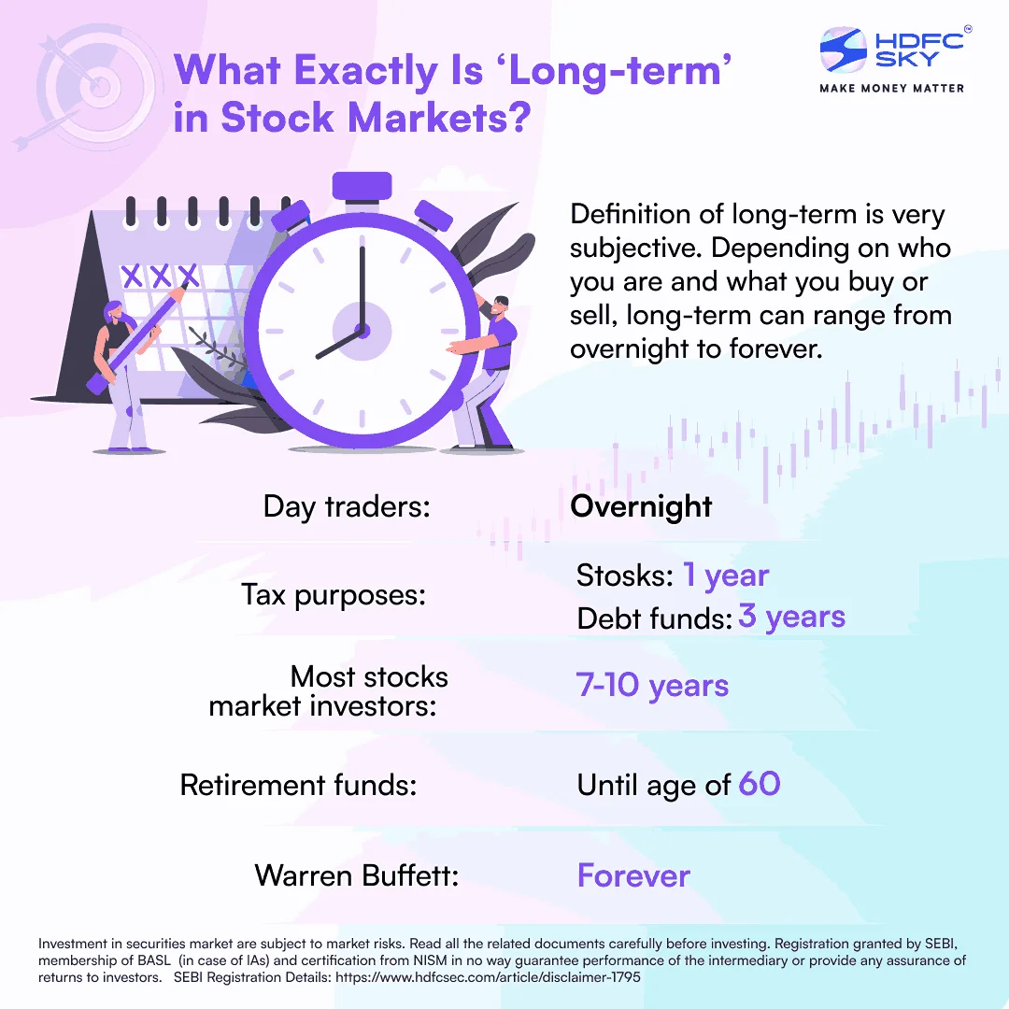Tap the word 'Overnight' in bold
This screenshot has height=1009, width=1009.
[641, 506]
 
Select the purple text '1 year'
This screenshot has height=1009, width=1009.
[725, 576]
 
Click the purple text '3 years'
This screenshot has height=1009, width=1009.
[791, 617]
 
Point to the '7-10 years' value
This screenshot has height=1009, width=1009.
[652, 686]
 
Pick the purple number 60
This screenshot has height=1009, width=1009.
[759, 783]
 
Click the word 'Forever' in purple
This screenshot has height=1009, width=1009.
[633, 875]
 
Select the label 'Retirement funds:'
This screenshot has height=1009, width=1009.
[298, 785]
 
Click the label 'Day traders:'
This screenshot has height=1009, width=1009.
[347, 506]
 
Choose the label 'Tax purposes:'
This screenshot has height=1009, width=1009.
[334, 595]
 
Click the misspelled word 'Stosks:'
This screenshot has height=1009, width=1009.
[624, 576]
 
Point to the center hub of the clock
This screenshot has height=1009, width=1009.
[359, 329]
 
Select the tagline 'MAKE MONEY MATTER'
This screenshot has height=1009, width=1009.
[891, 88]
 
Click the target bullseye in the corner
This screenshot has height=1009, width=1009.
[100, 89]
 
